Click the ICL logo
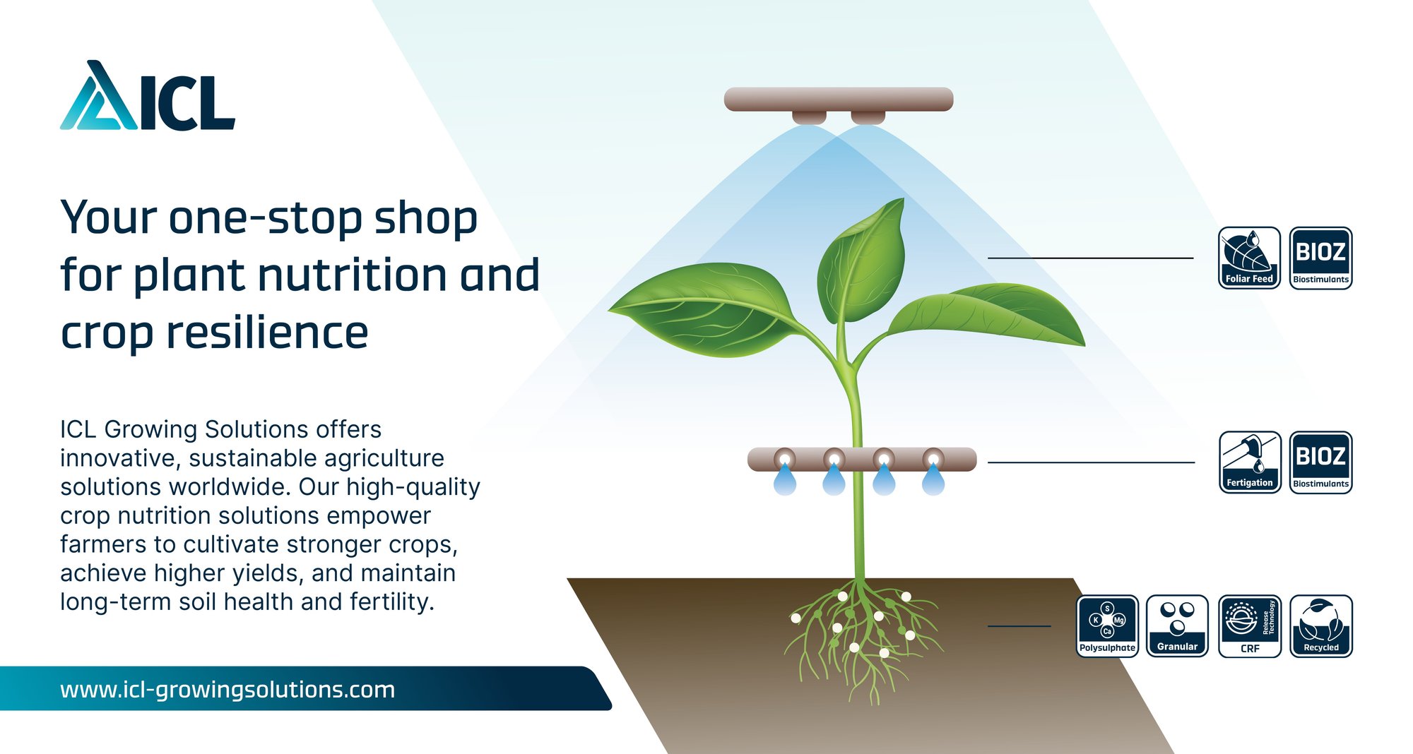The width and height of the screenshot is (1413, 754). pyautogui.click(x=148, y=95)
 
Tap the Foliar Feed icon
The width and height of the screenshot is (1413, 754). pyautogui.click(x=1249, y=258)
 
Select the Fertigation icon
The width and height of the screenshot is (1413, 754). pyautogui.click(x=1249, y=462)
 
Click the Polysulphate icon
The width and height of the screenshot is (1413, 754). pyautogui.click(x=1107, y=626)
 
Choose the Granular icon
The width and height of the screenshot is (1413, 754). pyautogui.click(x=1178, y=626)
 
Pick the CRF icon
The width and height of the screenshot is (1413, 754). pyautogui.click(x=1249, y=626)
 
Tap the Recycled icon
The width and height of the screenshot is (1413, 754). pyautogui.click(x=1321, y=626)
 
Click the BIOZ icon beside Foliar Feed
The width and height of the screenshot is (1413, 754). pyautogui.click(x=1321, y=258)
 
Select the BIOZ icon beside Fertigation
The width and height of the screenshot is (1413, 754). pyautogui.click(x=1321, y=462)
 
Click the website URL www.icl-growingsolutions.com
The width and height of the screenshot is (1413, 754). pyautogui.click(x=227, y=690)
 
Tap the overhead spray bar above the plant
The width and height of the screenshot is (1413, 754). pyautogui.click(x=839, y=100)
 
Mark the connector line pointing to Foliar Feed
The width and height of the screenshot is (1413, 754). pyautogui.click(x=1090, y=258)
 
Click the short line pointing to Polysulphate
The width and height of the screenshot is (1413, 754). pyautogui.click(x=1019, y=626)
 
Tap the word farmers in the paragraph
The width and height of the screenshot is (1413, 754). pyautogui.click(x=104, y=544)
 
